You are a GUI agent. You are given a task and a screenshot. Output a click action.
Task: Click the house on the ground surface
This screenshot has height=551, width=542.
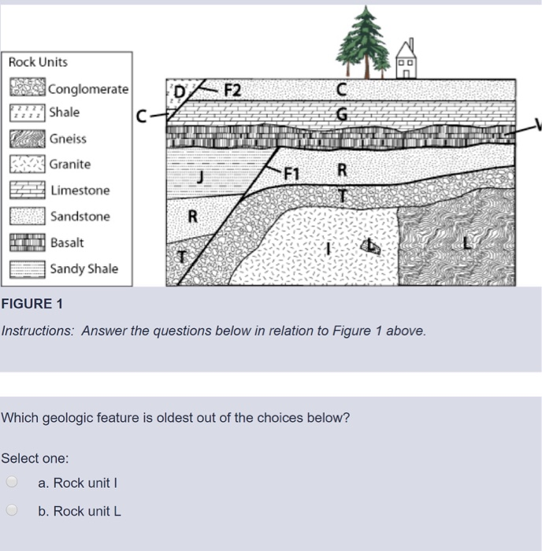pyautogui.click(x=406, y=60)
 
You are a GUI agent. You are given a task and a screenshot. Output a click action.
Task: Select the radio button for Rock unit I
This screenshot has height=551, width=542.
pyautogui.click(x=11, y=483)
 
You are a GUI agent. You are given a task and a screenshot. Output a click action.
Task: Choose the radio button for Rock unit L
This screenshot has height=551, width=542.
pyautogui.click(x=11, y=511)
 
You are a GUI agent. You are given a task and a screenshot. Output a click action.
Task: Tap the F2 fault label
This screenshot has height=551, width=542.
pyautogui.click(x=232, y=89)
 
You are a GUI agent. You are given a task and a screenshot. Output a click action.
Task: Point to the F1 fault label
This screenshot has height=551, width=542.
pyautogui.click(x=292, y=173)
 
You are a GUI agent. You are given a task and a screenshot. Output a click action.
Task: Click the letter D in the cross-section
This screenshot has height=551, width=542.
pyautogui.click(x=180, y=91)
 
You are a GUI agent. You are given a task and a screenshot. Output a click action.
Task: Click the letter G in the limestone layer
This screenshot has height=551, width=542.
pyautogui.click(x=341, y=114)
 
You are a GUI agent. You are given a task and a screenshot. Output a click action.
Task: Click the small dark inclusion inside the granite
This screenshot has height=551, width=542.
pyautogui.click(x=369, y=247)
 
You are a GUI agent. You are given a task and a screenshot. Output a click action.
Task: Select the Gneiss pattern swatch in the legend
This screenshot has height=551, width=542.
pyautogui.click(x=28, y=139)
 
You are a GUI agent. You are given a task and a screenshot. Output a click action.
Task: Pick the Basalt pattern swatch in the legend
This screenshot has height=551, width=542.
pyautogui.click(x=28, y=243)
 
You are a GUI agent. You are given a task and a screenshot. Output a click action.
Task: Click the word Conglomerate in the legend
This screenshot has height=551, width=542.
pyautogui.click(x=88, y=89)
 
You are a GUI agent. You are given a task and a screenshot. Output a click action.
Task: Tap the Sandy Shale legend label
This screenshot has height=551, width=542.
pyautogui.click(x=84, y=269)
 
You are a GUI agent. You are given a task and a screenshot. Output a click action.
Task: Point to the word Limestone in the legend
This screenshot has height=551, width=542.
pyautogui.click(x=80, y=190)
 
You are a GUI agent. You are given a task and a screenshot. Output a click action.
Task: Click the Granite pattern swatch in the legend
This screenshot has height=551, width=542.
pyautogui.click(x=28, y=165)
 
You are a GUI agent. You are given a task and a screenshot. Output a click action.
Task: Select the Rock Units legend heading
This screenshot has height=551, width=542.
pyautogui.click(x=38, y=62)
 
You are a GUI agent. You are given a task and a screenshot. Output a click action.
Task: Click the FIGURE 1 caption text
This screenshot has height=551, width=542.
pyautogui.click(x=32, y=304)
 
